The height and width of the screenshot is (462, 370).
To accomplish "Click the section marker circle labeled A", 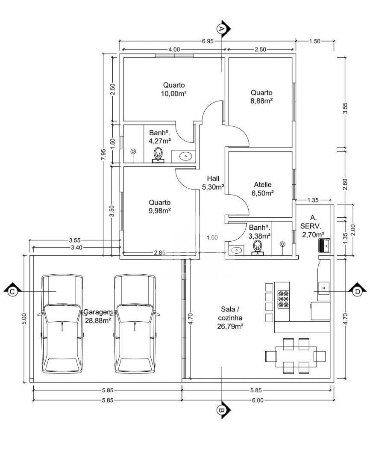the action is tap(220, 29).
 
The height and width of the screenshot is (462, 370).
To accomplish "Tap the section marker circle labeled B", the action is tap(221, 410).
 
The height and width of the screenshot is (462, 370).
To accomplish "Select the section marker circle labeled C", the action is tap(12, 291).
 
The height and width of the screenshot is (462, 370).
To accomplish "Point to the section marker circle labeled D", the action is tap(357, 291).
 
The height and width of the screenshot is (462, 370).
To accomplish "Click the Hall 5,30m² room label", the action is tap(213, 183).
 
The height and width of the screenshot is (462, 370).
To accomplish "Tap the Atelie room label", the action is tap(263, 185).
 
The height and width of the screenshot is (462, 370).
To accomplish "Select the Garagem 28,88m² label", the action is tap(98, 316).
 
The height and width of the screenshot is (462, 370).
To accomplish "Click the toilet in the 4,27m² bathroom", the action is tap(159, 155).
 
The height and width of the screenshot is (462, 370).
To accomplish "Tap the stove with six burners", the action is tap(283, 299).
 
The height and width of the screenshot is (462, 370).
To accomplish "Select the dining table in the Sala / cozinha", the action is tap(296, 356).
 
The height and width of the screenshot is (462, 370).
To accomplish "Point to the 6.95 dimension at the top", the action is tap(208, 41).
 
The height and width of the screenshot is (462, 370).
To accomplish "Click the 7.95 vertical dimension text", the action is tap(103, 154).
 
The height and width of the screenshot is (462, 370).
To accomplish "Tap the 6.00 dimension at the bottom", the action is tap(258, 400).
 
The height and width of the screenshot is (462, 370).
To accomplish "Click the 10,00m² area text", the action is tap(174, 94).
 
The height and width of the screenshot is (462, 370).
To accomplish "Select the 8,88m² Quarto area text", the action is tap(261, 101).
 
